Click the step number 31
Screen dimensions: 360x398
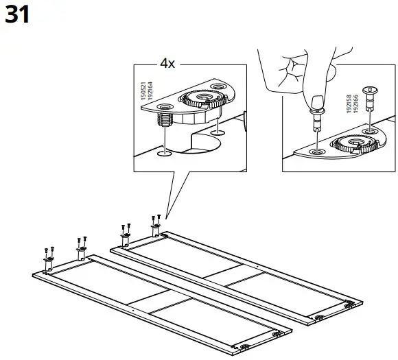(x=18, y=14)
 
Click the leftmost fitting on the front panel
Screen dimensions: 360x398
(x=49, y=263)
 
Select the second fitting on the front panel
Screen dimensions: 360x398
(x=80, y=253)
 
